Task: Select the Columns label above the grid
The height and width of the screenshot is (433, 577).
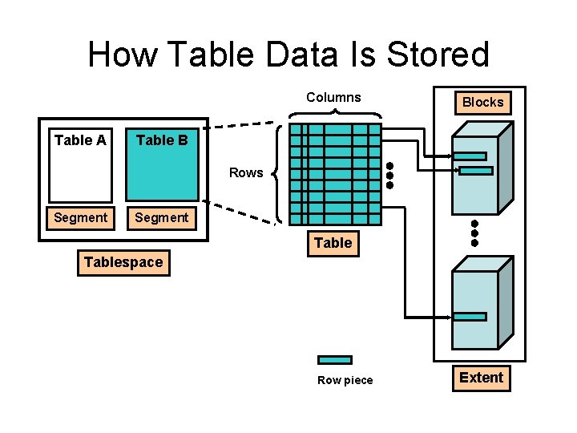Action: pos(333,97)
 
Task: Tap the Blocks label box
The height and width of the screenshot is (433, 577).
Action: pos(482,102)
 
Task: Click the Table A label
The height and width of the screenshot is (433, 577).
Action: pos(80,140)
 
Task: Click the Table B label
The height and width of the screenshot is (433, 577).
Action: pos(162,140)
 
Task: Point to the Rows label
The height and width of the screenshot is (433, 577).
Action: pos(246,172)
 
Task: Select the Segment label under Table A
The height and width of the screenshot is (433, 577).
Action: pos(80,217)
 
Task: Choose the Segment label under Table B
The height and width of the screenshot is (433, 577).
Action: pos(162,217)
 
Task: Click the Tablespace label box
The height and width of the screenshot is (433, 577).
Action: pos(123,262)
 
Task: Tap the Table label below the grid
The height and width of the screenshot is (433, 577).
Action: pos(333,243)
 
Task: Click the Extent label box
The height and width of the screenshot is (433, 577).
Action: pos(481,378)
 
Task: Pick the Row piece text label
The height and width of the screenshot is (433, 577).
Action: pos(345,380)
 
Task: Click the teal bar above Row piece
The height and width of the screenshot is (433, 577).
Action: pos(334,360)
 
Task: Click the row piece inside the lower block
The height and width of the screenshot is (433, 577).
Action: pos(470,317)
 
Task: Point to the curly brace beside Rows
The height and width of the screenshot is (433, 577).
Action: pos(276,172)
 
